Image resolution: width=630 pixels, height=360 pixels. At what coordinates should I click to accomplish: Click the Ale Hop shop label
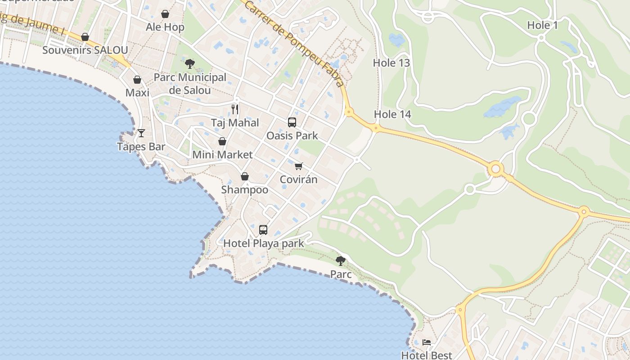[165, 27]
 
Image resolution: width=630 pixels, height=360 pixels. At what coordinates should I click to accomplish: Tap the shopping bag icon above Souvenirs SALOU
[85, 37]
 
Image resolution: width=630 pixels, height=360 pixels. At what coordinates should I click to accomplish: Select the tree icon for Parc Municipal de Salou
[190, 64]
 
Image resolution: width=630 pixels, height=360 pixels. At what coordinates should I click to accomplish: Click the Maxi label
[137, 93]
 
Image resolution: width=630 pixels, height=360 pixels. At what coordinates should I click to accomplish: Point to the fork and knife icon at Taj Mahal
[235, 109]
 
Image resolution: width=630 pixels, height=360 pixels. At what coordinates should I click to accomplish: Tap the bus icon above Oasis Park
[292, 122]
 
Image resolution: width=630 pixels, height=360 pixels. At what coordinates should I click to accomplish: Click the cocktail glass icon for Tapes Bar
[141, 133]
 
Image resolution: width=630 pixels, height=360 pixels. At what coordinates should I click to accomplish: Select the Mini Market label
[222, 155]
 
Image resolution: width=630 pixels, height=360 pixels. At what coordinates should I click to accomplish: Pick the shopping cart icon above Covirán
[299, 166]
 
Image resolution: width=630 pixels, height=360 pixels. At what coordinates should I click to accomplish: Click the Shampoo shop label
[244, 190]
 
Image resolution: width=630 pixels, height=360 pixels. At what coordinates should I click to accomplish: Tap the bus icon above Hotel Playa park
[263, 230]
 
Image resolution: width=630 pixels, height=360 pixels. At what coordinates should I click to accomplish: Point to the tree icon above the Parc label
[341, 261]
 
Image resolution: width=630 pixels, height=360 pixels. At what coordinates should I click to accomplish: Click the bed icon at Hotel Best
[427, 343]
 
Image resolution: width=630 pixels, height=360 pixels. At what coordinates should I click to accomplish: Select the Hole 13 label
[391, 63]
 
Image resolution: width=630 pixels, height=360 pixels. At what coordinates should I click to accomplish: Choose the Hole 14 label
[392, 114]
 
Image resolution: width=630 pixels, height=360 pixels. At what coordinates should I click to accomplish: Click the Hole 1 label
[542, 26]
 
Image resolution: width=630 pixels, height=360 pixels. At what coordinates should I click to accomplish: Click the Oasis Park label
[292, 135]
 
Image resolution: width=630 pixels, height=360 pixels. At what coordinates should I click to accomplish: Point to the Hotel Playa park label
[264, 243]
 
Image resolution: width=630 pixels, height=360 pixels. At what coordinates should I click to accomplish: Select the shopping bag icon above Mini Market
[222, 141]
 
